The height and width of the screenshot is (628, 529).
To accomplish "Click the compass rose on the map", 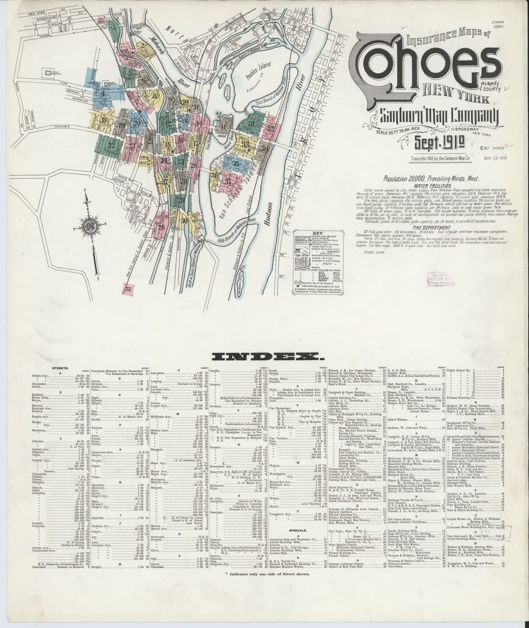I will [x=89, y=229].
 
